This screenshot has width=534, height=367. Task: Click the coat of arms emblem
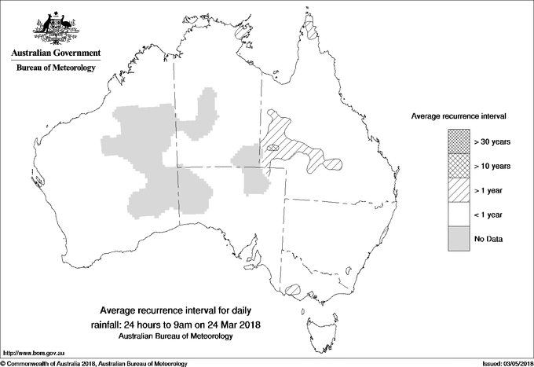56,27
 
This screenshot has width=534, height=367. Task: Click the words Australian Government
56,53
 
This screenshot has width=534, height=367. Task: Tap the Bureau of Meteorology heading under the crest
56,68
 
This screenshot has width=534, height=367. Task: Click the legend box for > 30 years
455,141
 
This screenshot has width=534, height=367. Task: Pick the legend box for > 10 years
455,165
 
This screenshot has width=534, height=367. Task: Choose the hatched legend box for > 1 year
455,189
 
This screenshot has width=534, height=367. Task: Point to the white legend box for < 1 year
455,214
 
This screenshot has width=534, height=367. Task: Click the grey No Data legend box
455,238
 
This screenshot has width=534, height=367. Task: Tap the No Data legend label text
488,238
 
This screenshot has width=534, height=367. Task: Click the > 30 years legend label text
492,141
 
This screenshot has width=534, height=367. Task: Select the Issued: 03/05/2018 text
503,363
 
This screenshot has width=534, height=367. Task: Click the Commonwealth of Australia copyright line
94,363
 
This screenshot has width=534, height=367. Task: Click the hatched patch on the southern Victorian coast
294,289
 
